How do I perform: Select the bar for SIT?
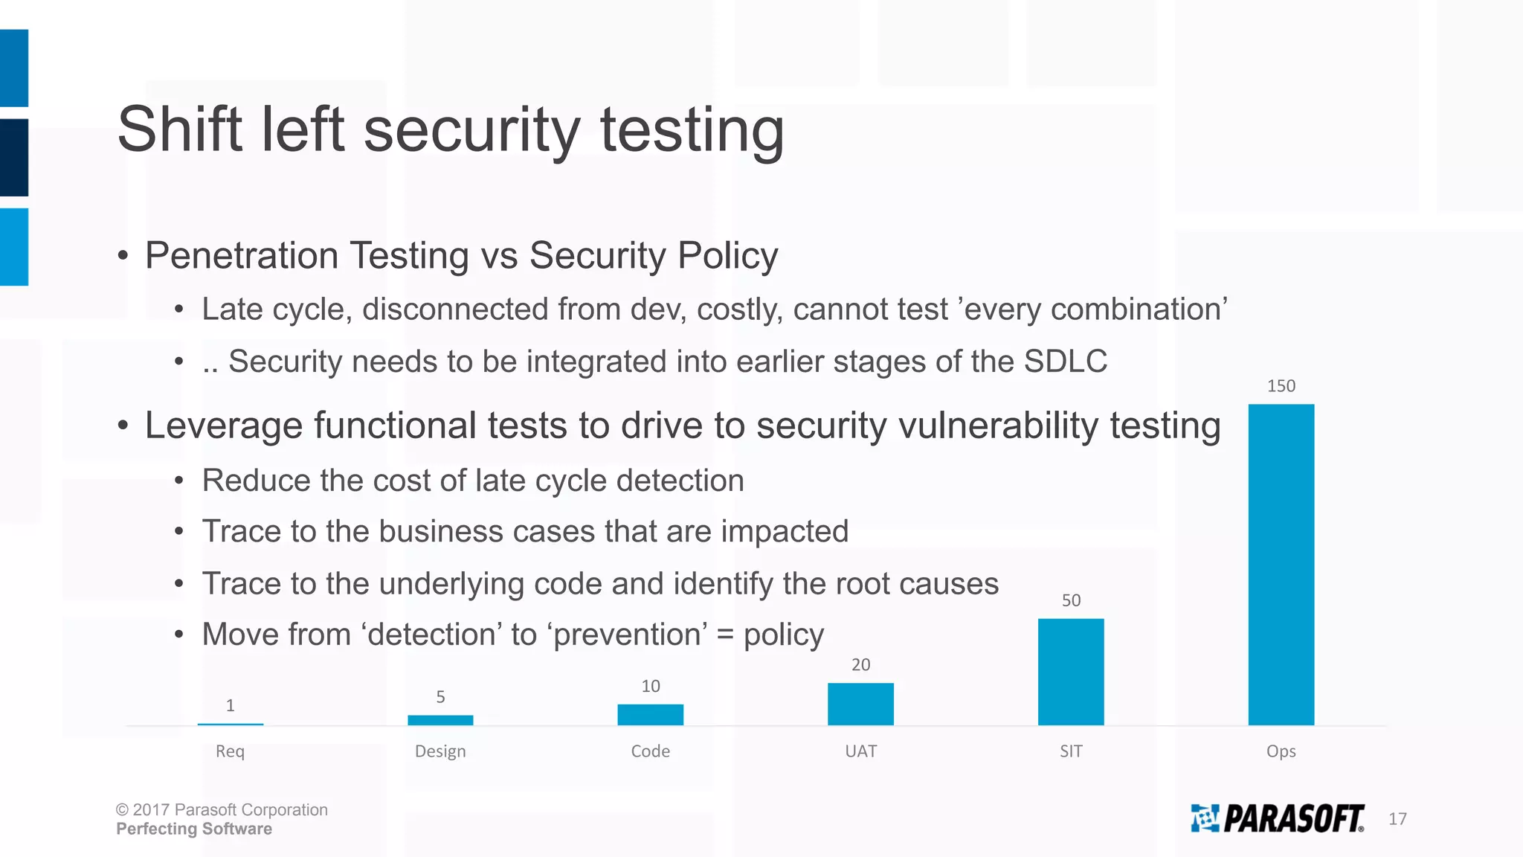coord(1071,671)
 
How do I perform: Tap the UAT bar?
coord(860,704)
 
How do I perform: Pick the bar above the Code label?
coord(650,714)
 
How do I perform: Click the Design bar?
coord(440,719)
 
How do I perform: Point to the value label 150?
coord(1281,385)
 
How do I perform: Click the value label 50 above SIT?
coord(1071,600)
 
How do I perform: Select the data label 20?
coord(860,664)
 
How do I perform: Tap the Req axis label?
coord(230,751)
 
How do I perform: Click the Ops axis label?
coord(1281,751)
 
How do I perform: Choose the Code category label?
coord(650,751)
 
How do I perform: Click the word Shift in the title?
coord(179,129)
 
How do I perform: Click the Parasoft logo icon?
coord(1205,818)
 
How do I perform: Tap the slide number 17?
coord(1397,819)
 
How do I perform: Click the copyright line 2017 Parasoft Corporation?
coord(222,809)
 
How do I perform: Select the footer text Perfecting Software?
coord(194,829)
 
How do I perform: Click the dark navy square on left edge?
coord(13,157)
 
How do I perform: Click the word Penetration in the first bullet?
coord(242,255)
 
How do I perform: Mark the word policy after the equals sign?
coord(784,635)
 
